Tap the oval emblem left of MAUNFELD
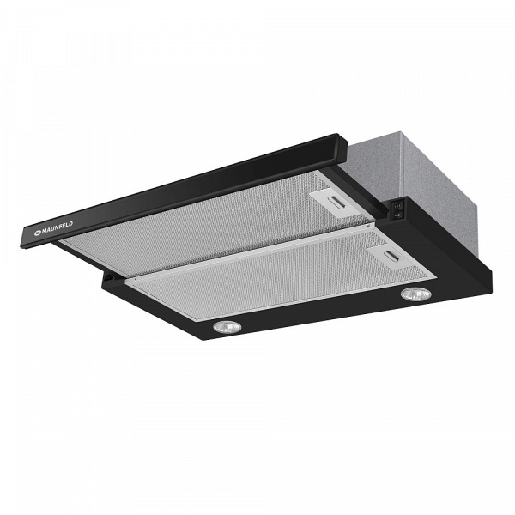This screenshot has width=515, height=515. pyautogui.click(x=38, y=233)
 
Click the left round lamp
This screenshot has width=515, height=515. pyautogui.click(x=227, y=326)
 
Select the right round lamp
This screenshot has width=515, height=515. pyautogui.click(x=416, y=294)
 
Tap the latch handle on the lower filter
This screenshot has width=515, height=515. pyautogui.click(x=393, y=256)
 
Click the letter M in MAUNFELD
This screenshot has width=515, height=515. pyautogui.click(x=44, y=231)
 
